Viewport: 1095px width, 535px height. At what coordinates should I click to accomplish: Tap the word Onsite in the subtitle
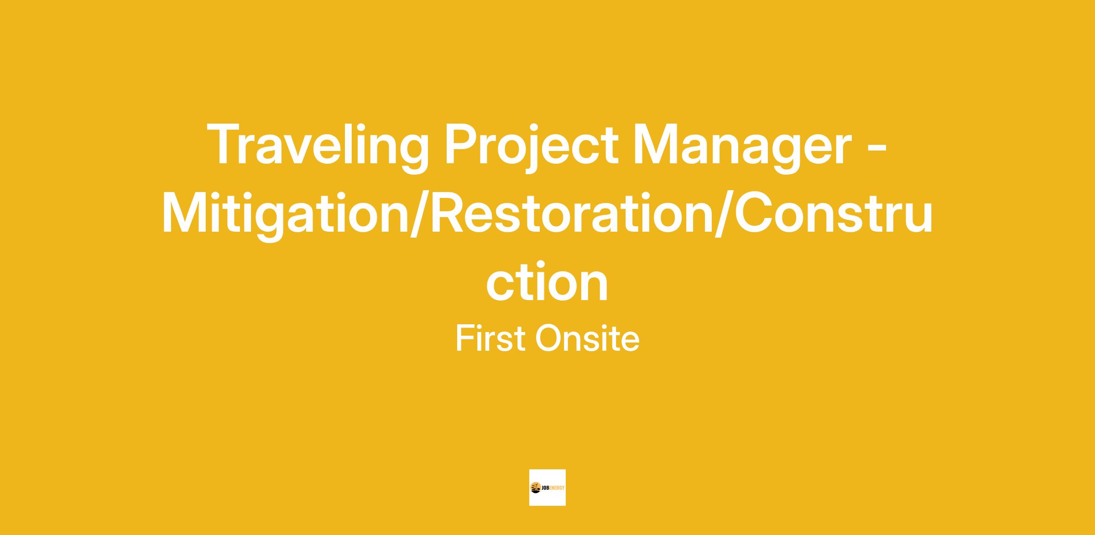coord(587,338)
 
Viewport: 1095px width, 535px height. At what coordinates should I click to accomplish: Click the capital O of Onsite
coord(551,338)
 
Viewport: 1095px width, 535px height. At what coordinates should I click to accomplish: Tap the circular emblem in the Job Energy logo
coord(536,488)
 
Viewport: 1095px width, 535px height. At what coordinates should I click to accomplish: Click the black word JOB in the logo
coord(546,488)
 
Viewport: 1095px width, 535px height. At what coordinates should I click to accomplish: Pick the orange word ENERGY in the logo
coord(558,488)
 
